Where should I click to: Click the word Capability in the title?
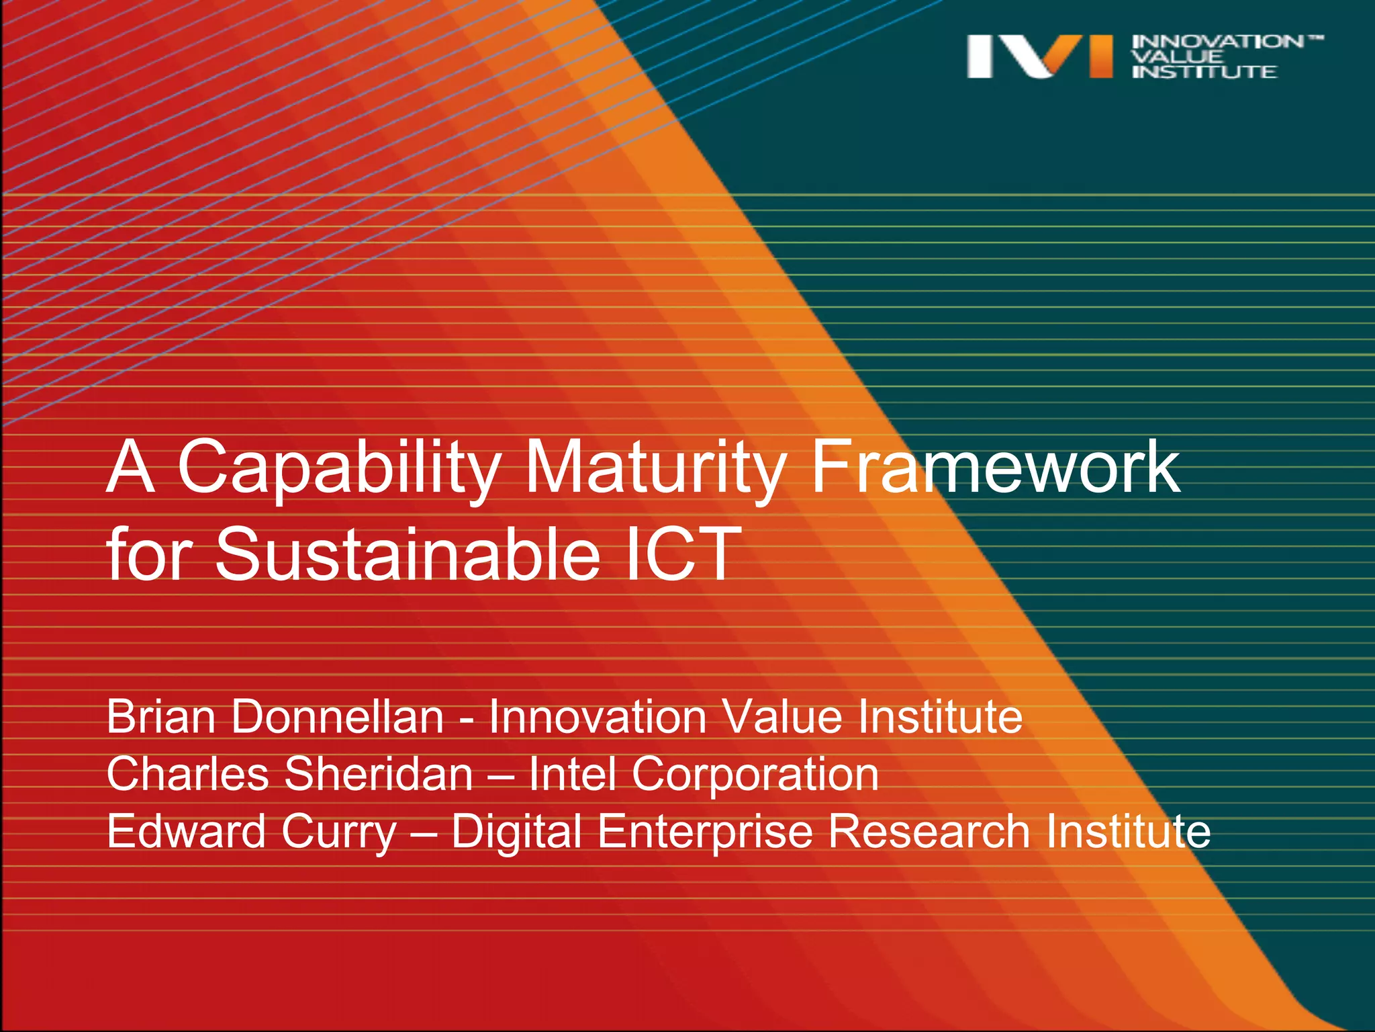pos(339,468)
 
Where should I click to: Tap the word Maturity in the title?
pos(655,468)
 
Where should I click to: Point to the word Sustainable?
pos(407,554)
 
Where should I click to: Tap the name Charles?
pos(187,774)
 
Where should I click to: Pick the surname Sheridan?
pos(379,774)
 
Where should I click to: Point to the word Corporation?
pos(755,774)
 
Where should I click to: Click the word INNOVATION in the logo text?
pos(1217,42)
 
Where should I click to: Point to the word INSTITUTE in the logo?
pos(1204,72)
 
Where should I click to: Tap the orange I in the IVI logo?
pos(1100,56)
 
